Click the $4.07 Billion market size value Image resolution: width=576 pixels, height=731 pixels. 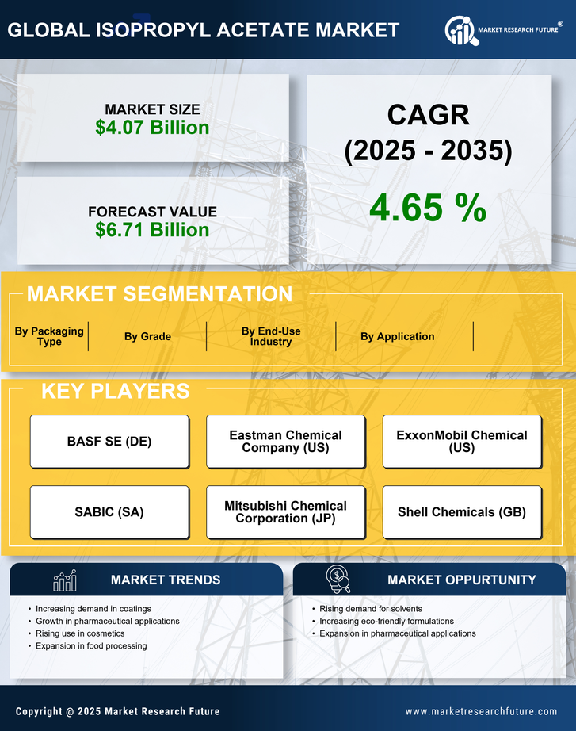point(152,128)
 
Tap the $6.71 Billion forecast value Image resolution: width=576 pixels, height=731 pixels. point(152,230)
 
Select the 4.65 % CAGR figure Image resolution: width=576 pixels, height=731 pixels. point(428,208)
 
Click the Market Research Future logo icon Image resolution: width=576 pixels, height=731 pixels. point(460,31)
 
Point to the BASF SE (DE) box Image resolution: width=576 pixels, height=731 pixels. point(109,442)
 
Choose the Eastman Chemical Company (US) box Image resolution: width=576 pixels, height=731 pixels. point(285,442)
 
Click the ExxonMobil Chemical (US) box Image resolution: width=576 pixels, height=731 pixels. point(462,442)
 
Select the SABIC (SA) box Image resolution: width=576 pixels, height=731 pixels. point(109,512)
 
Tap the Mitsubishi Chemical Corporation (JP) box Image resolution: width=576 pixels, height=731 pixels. point(285,512)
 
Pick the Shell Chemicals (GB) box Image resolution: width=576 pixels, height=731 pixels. point(462,512)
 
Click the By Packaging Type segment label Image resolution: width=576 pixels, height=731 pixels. point(49,336)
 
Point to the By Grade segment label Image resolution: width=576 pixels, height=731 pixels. point(147,337)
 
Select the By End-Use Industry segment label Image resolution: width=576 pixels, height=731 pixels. point(271,336)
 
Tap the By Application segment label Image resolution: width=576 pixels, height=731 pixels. point(397,337)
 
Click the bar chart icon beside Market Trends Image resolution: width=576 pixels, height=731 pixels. point(65,580)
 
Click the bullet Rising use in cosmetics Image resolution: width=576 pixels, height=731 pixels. point(80,633)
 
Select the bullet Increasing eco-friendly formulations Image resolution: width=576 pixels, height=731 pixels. point(387,621)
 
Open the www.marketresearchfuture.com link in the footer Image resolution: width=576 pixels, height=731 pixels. point(481,711)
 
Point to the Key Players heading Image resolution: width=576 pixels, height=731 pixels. point(115,391)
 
